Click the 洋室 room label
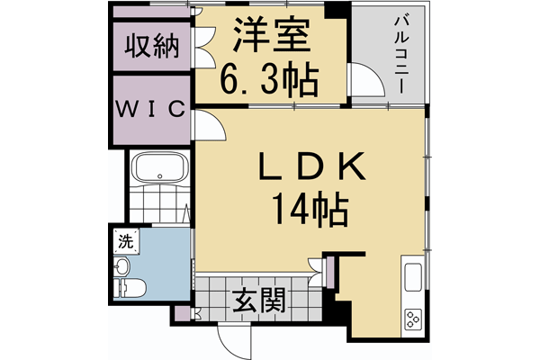271,38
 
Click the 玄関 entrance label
262,301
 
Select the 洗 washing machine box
124,240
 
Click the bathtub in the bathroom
159,168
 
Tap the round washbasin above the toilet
122,265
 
